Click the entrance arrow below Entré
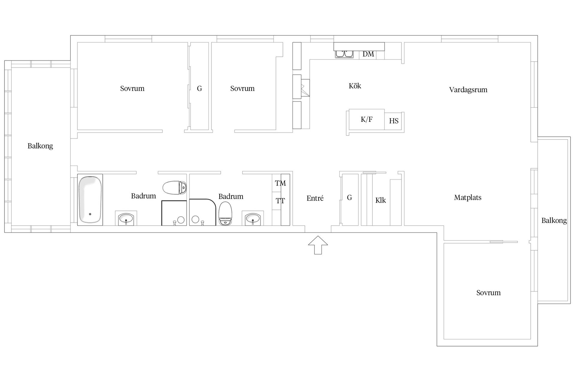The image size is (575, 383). click(x=318, y=245)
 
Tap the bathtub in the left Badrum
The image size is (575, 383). click(x=90, y=200)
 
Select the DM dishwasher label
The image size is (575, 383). click(x=368, y=54)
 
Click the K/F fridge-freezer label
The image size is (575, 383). click(x=367, y=120)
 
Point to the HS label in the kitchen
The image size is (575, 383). click(x=394, y=121)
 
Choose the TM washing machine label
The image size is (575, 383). click(x=280, y=183)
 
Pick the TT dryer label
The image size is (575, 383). click(x=280, y=201)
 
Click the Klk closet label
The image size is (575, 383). click(x=381, y=200)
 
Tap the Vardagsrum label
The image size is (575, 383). click(x=468, y=90)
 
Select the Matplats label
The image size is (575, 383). click(x=468, y=197)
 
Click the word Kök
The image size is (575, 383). click(x=355, y=86)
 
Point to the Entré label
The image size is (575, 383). click(x=315, y=198)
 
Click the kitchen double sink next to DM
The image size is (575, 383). click(x=344, y=54)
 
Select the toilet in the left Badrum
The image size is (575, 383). click(x=175, y=187)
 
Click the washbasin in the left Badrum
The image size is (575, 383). click(x=126, y=218)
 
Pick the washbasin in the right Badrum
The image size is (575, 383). click(x=253, y=218)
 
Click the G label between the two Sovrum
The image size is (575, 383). click(x=199, y=89)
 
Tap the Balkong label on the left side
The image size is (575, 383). click(x=40, y=146)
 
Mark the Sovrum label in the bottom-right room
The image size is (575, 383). click(x=488, y=293)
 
